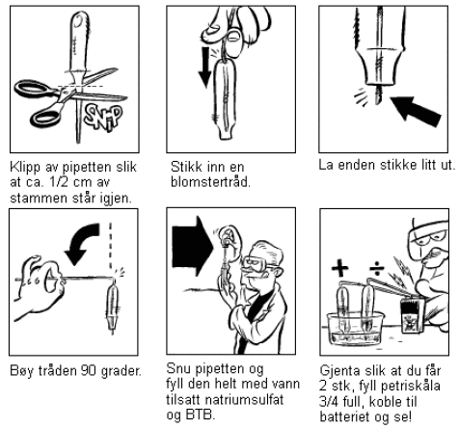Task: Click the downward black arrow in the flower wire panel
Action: click(x=204, y=67)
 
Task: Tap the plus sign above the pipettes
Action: click(x=340, y=268)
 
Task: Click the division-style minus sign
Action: click(x=377, y=268)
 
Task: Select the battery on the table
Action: click(x=412, y=316)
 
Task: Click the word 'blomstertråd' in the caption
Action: click(x=210, y=182)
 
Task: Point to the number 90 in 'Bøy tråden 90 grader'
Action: click(x=89, y=371)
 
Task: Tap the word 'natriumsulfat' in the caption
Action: click(x=245, y=400)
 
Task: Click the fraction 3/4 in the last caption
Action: click(x=331, y=402)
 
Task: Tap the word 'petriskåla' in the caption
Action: click(x=412, y=387)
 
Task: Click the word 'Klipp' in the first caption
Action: click(x=25, y=168)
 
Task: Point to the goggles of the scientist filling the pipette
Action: click(x=256, y=263)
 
